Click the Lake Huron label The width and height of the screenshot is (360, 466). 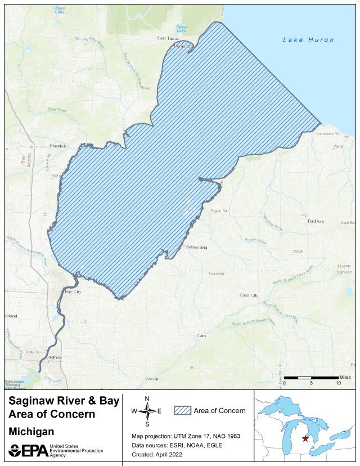tap(308, 40)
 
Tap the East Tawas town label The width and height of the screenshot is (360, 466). tap(168, 38)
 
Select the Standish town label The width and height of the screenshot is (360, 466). tap(58, 145)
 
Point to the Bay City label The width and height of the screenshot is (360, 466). tap(73, 292)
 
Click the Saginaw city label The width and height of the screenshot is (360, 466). tap(53, 357)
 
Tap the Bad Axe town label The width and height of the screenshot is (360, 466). tap(316, 221)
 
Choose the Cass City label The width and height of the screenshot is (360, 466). tap(249, 295)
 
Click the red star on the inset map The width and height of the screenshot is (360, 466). tap(305, 439)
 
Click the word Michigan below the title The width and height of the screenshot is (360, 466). tap(32, 432)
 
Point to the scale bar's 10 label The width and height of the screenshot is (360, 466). tap(338, 383)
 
